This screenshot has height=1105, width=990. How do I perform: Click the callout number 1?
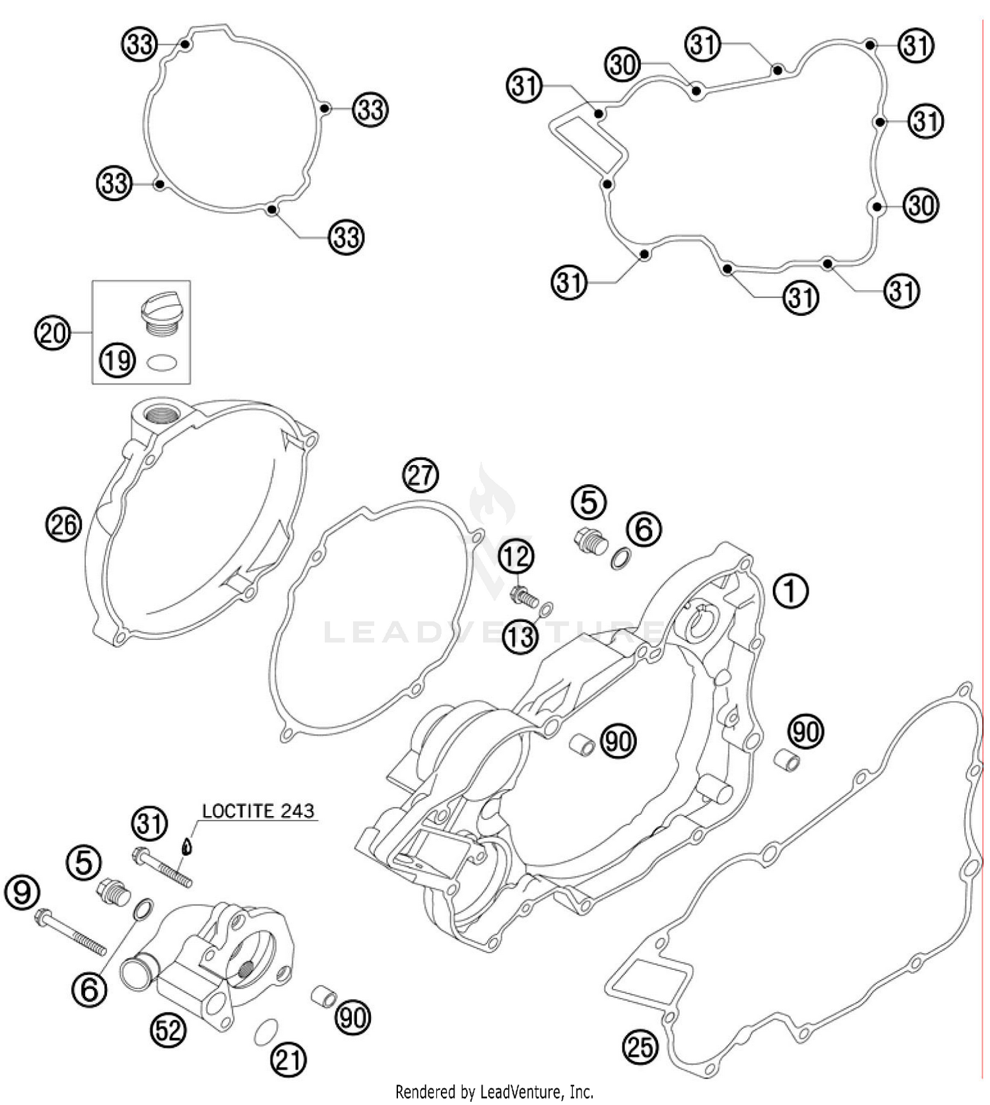point(789,590)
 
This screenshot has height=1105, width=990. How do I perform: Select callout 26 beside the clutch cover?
point(63,524)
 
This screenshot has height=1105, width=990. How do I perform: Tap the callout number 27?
point(421,475)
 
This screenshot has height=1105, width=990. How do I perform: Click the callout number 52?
point(168,1029)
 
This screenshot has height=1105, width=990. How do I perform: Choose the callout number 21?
point(288,1060)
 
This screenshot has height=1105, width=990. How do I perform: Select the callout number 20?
point(52,332)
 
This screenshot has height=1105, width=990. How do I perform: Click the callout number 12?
point(516,557)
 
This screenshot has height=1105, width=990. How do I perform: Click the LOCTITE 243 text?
point(258,811)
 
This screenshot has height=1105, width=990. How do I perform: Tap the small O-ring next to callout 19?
point(162,362)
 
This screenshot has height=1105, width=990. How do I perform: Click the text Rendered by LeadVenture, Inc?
point(494,1092)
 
